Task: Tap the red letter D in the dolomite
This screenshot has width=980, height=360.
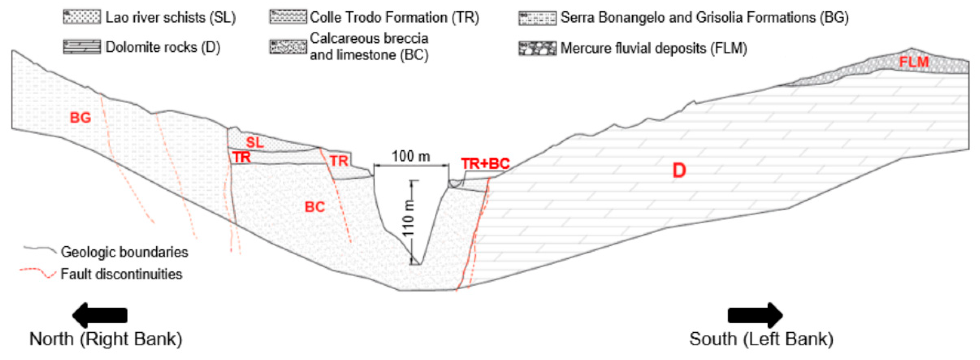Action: tap(679, 171)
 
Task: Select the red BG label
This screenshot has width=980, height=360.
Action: tap(80, 118)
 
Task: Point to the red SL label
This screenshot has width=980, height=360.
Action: tap(254, 143)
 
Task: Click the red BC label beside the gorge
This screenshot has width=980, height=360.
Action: tap(315, 207)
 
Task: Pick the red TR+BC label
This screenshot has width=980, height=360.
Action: tap(485, 164)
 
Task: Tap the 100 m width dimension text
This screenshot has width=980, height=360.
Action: tap(411, 156)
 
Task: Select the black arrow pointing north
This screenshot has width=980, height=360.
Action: tap(100, 315)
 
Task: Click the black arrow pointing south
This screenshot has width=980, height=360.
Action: tap(755, 315)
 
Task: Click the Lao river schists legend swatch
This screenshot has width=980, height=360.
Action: tap(82, 17)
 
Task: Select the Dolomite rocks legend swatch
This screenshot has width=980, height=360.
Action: tap(82, 47)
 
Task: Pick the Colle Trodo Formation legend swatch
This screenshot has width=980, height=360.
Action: tap(288, 17)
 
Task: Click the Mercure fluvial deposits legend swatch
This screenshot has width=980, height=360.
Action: tap(537, 48)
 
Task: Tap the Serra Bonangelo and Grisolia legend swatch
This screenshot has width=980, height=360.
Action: tap(537, 18)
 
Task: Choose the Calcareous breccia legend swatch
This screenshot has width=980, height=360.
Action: tap(288, 47)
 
